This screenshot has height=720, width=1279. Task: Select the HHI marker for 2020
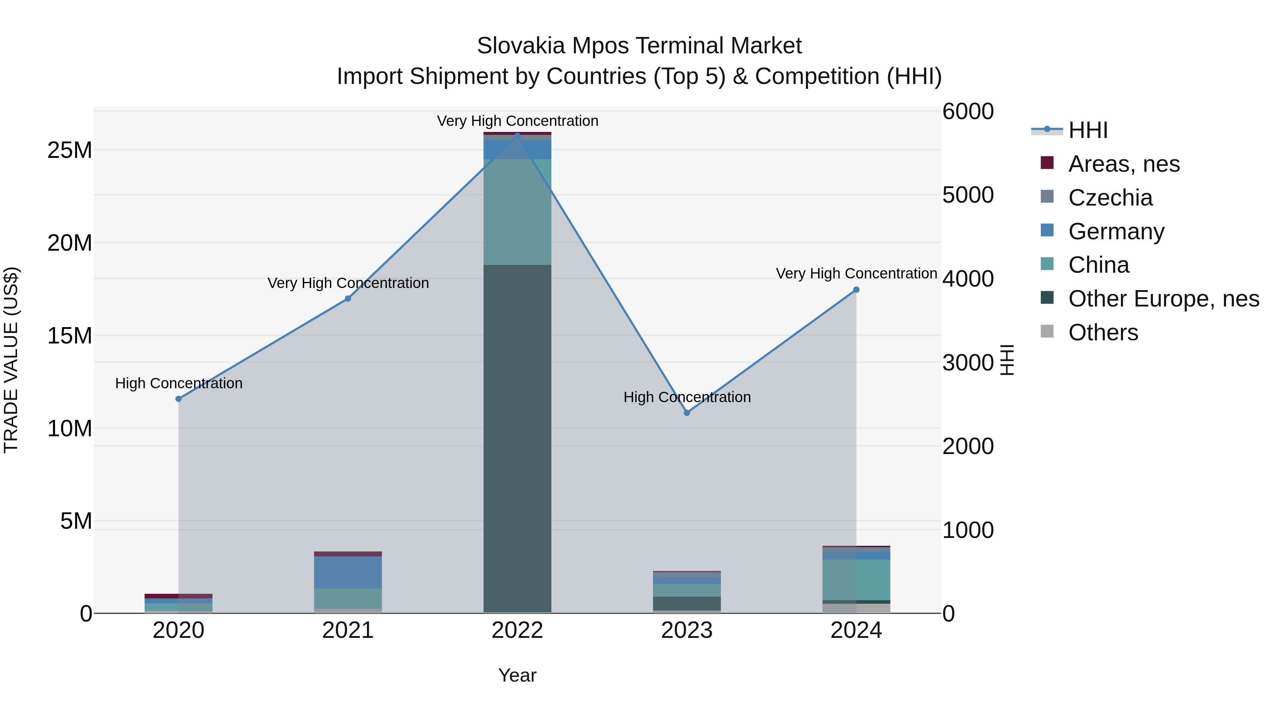click(x=179, y=399)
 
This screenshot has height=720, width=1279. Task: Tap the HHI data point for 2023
click(x=687, y=413)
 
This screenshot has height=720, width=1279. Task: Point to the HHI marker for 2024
click(x=856, y=290)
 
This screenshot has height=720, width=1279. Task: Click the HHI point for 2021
click(x=348, y=299)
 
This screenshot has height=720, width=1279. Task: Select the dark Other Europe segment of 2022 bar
click(x=517, y=437)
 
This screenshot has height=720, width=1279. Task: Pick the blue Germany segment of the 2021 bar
click(x=348, y=572)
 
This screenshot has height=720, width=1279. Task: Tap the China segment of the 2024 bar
click(x=856, y=580)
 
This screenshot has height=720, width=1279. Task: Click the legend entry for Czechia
click(x=1110, y=198)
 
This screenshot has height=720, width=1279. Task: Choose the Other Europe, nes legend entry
click(x=1163, y=299)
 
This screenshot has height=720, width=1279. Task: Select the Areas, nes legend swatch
click(x=1047, y=163)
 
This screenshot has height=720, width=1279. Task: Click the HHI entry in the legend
click(x=1088, y=130)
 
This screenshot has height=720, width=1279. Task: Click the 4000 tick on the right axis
click(x=968, y=279)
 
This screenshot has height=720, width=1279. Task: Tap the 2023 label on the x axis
click(x=687, y=630)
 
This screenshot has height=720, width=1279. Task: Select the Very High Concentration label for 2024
click(x=856, y=273)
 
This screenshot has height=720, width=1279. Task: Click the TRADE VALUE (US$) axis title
click(x=11, y=360)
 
